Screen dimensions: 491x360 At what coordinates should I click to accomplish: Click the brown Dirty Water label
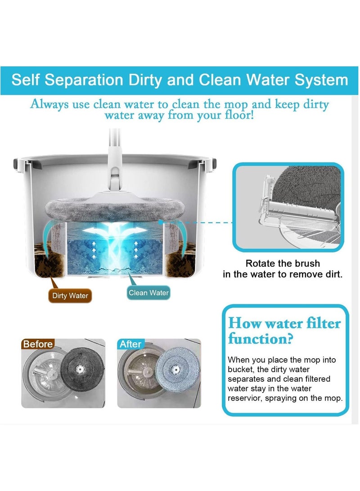70,296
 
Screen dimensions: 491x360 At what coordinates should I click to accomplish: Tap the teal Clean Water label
148,293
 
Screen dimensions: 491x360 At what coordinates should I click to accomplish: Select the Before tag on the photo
38,344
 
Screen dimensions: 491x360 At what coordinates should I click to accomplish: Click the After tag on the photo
130,344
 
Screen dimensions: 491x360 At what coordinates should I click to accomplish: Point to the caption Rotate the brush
283,264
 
